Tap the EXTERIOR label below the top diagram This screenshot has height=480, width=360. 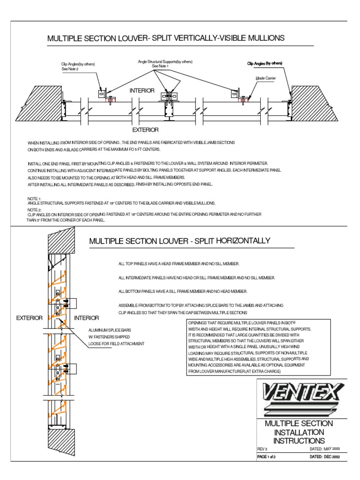tap(145, 130)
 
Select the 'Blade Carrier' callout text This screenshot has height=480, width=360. tap(266, 79)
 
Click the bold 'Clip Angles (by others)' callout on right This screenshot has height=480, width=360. tap(265, 63)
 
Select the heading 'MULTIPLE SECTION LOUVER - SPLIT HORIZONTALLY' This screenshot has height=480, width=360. tap(180, 241)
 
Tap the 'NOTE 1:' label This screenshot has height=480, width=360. tap(35, 199)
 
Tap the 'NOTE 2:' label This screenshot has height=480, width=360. tap(35, 210)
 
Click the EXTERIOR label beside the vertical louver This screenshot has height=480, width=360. tap(30, 318)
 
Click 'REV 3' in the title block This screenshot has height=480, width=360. tap(262, 449)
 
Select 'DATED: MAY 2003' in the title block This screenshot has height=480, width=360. tap(327, 449)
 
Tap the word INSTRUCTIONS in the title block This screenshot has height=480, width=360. tap(299, 441)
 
